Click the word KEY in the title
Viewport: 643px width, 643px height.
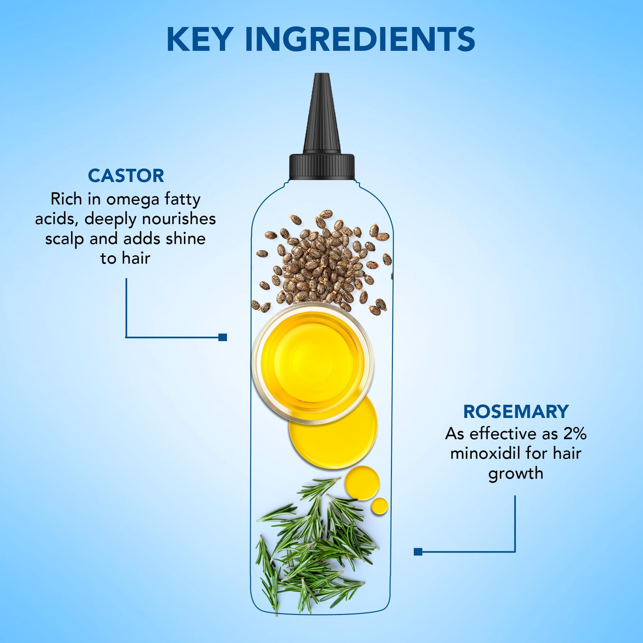point(199,39)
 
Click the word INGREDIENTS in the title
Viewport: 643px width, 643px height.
point(360,39)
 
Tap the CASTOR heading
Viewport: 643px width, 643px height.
point(126,176)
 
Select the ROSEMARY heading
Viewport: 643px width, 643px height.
point(516,412)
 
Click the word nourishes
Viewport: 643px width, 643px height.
point(179,219)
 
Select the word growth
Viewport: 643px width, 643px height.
point(516,474)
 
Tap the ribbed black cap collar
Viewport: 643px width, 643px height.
point(322,167)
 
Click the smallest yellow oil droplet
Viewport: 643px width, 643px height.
point(379,507)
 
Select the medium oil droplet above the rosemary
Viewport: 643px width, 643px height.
point(362,483)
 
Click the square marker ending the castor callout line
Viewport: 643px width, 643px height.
point(223,337)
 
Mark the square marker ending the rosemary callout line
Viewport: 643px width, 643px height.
point(418,552)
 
